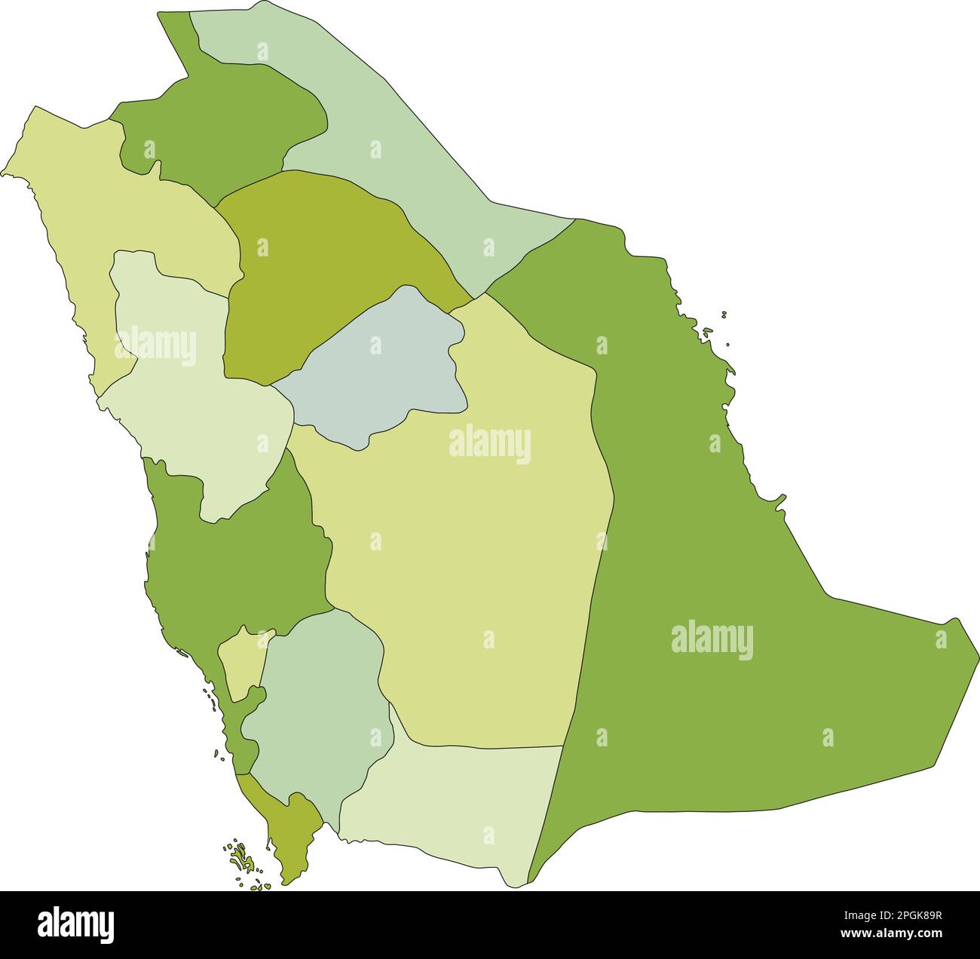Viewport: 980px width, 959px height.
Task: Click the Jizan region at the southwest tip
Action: [290, 829]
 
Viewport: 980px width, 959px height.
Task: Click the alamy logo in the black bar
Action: [75, 924]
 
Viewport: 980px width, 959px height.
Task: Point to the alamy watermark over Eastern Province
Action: [712, 640]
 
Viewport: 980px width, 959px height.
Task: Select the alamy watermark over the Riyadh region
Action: [490, 445]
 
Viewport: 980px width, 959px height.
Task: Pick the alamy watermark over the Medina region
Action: [155, 348]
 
